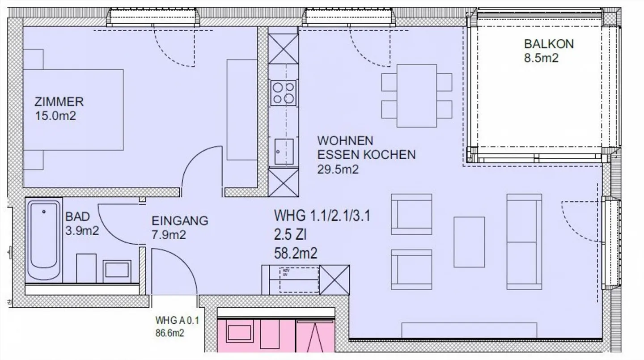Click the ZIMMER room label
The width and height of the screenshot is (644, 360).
coord(59,102)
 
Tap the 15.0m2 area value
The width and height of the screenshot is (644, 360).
coord(55,116)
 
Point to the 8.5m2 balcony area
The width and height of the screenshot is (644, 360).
coord(541,58)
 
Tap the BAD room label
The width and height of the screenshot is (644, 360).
coord(77,217)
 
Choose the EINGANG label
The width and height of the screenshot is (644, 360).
coord(180,220)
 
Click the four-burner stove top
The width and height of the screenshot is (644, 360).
coord(283,93)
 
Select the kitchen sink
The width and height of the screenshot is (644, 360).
coord(284,152)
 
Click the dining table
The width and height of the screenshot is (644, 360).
coord(417,96)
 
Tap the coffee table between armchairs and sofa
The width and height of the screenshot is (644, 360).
coord(469,241)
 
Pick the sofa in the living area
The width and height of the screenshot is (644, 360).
coord(524,241)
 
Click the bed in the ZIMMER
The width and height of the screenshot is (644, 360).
coord(74,110)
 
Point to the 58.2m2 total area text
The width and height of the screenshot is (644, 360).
coord(295,254)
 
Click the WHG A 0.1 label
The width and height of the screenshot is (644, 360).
coord(176,320)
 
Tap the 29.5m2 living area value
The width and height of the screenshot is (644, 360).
coord(338,169)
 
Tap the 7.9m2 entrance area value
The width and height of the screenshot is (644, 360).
coord(168,235)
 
